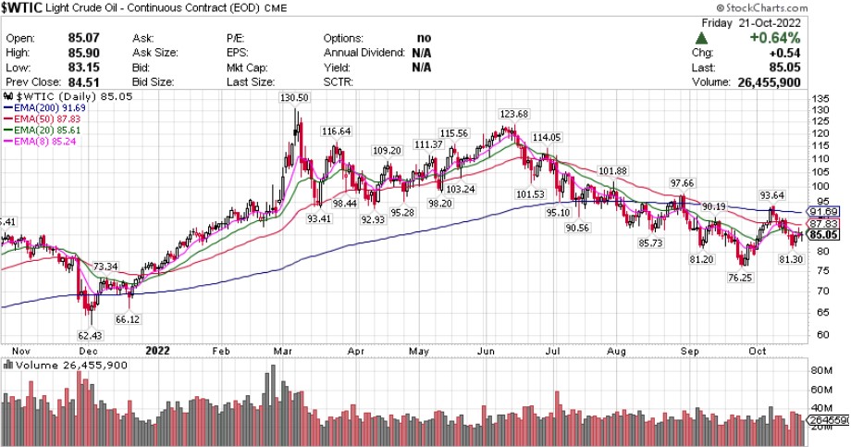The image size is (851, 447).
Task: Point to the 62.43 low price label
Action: (89, 335)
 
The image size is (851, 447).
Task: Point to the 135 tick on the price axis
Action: (818, 98)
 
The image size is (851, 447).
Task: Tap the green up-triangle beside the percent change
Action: (701, 38)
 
